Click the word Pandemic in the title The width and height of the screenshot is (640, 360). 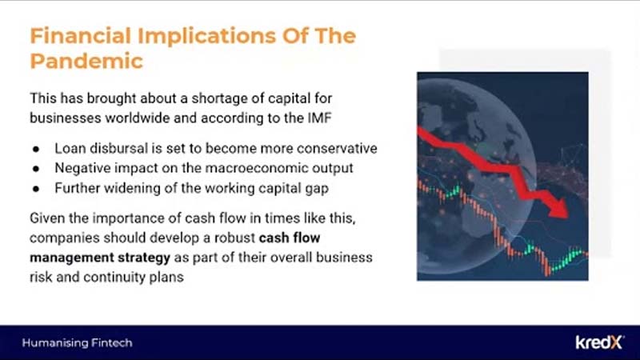click(x=86, y=62)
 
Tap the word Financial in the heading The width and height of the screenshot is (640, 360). click(x=81, y=36)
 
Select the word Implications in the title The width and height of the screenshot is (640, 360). click(x=206, y=37)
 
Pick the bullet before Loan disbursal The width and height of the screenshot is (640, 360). click(x=36, y=150)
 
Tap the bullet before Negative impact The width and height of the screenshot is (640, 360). click(x=36, y=169)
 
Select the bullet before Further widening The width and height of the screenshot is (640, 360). click(x=36, y=189)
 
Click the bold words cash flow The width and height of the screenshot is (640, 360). click(x=290, y=238)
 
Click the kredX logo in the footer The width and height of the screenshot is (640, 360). click(x=599, y=342)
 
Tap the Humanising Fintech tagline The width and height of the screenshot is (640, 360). click(x=77, y=343)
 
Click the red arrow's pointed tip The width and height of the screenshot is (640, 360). click(x=566, y=217)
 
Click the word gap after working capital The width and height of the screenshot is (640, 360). click(x=317, y=189)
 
